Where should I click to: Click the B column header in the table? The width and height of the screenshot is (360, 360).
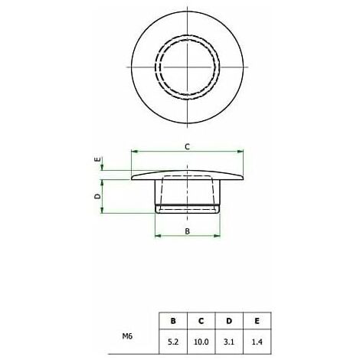click(x=173, y=321)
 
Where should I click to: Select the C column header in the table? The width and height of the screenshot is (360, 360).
click(x=201, y=321)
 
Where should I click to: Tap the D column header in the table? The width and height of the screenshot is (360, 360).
click(x=229, y=321)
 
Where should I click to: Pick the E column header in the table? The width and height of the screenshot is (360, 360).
click(x=257, y=321)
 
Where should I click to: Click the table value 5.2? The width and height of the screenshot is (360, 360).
click(x=173, y=342)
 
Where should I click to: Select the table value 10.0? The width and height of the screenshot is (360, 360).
click(x=201, y=342)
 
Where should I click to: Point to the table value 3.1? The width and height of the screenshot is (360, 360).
click(x=229, y=342)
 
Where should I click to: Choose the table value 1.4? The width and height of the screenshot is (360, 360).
click(x=257, y=342)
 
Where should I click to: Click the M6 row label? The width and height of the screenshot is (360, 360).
click(x=127, y=336)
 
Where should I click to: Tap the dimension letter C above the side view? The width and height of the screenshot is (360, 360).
click(x=188, y=147)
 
